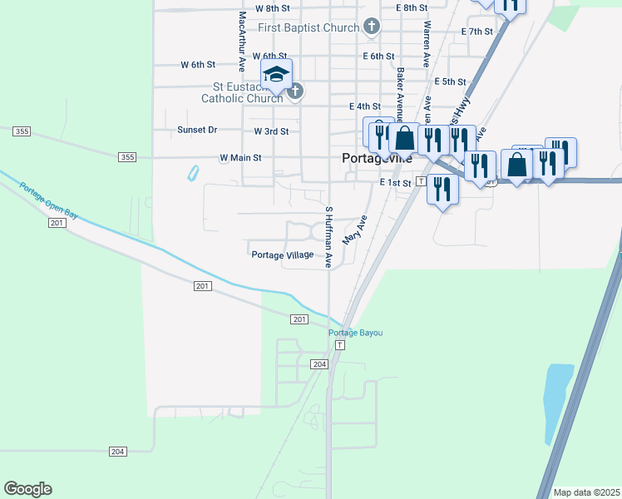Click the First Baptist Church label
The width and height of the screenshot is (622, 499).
pyautogui.click(x=308, y=28)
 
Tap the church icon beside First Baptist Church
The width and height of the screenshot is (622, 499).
pyautogui.click(x=372, y=27)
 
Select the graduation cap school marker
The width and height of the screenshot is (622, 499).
pyautogui.click(x=276, y=75)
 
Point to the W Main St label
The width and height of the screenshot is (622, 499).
pyautogui.click(x=240, y=157)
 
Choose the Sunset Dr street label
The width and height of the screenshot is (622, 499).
pyautogui.click(x=197, y=131)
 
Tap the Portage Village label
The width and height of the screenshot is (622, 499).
pyautogui.click(x=283, y=255)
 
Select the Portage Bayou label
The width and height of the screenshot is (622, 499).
pyautogui.click(x=356, y=333)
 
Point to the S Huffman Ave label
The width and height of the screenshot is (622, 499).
pyautogui.click(x=329, y=237)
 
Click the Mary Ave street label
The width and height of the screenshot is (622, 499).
pyautogui.click(x=360, y=230)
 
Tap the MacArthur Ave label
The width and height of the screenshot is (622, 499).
pyautogui.click(x=242, y=39)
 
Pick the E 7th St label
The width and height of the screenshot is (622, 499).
pyautogui.click(x=476, y=32)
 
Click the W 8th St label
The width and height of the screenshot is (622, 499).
pyautogui.click(x=272, y=7)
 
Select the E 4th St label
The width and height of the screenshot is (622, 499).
pyautogui.click(x=365, y=106)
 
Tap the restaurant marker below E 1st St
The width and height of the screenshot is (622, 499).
pyautogui.click(x=442, y=190)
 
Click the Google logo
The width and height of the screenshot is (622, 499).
pyautogui.click(x=27, y=489)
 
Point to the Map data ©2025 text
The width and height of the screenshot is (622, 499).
pyautogui.click(x=586, y=492)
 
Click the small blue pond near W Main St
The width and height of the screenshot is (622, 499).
pyautogui.click(x=193, y=174)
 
